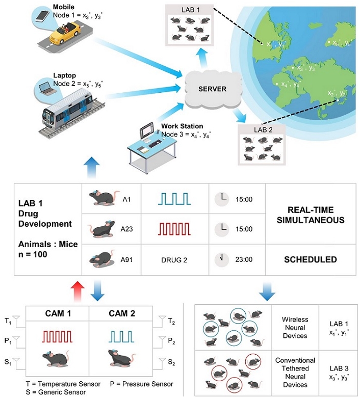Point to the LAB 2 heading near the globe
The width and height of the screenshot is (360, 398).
[263, 130]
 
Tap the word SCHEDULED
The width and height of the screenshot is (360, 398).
[310, 259]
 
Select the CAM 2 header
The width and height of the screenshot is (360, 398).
[121, 313]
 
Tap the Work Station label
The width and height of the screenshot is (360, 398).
[182, 126]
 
